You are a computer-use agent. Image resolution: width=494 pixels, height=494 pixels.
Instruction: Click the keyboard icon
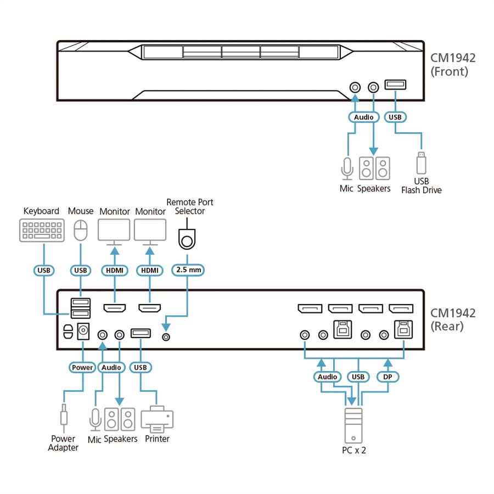[x=42, y=231]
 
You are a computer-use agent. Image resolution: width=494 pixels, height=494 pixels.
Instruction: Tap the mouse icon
[x=81, y=230]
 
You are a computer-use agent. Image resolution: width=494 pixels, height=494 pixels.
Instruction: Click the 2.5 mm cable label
[x=188, y=270]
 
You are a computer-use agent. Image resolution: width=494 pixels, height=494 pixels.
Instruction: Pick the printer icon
[x=157, y=419]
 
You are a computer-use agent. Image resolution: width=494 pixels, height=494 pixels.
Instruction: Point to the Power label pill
[x=82, y=367]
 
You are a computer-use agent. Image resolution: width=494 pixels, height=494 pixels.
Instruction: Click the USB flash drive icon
[x=421, y=162]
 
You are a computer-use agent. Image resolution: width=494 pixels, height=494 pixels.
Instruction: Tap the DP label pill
[x=388, y=377]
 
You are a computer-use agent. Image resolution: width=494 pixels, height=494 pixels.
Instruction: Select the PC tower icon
[x=353, y=425]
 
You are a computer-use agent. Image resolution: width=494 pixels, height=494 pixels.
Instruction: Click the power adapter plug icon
[x=64, y=418]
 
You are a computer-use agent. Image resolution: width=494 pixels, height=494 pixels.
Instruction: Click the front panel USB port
[x=395, y=85]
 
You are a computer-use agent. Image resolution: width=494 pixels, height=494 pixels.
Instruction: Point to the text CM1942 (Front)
[x=453, y=65]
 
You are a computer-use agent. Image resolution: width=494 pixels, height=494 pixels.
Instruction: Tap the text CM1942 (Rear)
[x=453, y=319]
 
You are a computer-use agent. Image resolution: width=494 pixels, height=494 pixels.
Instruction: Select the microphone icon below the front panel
[x=347, y=169]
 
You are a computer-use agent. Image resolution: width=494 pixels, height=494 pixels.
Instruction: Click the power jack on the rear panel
[x=83, y=331]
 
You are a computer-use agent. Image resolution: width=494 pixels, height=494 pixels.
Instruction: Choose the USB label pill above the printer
[x=141, y=367]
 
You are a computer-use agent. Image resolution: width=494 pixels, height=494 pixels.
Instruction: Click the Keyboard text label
[x=41, y=211]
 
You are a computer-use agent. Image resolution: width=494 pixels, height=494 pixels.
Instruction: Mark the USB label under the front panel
[x=395, y=117]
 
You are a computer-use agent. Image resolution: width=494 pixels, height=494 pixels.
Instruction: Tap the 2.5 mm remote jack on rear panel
[x=166, y=337]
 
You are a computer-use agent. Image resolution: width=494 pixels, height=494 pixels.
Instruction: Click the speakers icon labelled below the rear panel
[x=120, y=419]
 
